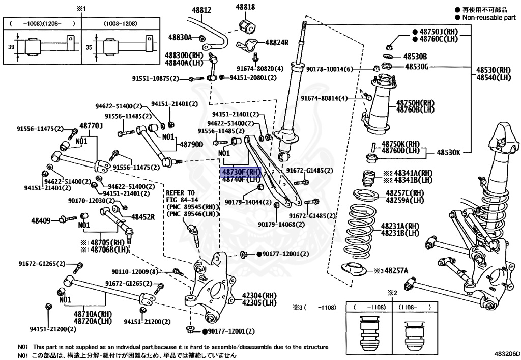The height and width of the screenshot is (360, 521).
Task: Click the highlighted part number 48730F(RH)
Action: tap(241, 172)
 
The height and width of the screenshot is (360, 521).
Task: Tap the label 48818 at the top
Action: tap(245, 7)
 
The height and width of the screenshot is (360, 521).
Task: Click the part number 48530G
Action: tap(417, 66)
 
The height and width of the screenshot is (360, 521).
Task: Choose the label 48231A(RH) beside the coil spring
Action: tap(400, 226)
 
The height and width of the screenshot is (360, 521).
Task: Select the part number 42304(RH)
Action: tap(258, 295)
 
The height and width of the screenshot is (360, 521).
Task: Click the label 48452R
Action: tap(143, 217)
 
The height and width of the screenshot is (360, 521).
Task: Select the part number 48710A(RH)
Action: tap(92, 314)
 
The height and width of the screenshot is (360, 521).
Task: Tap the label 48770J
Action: tap(91, 125)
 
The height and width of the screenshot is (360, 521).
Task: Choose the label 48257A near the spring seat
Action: tap(399, 271)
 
